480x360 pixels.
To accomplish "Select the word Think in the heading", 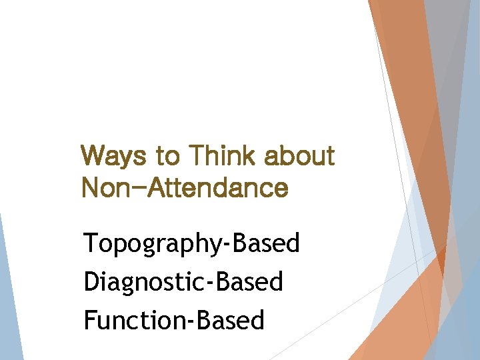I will coord(223,157).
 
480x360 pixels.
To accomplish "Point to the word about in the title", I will coord(299,157).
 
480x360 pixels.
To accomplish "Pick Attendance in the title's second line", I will coord(221,188).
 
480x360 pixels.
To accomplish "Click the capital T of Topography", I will coord(90,243).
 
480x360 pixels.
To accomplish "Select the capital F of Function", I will coord(90,320).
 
